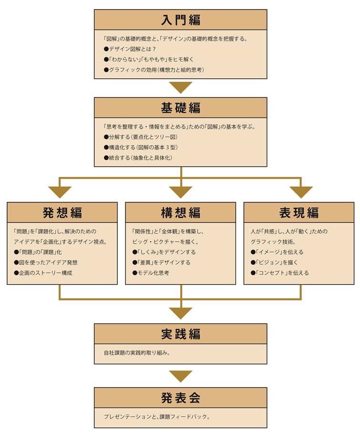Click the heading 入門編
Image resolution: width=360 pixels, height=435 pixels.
click(181, 20)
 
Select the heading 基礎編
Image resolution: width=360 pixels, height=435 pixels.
click(181, 108)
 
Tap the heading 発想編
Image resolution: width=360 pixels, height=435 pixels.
click(62, 213)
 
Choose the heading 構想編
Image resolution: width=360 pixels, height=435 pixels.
click(181, 213)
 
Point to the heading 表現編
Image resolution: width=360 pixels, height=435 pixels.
click(298, 213)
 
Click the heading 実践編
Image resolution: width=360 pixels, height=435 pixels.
click(181, 334)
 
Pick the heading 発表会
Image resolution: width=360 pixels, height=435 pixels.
click(181, 398)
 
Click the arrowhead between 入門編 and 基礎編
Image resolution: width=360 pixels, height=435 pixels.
click(181, 87)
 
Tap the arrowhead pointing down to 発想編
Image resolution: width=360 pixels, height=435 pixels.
click(60, 192)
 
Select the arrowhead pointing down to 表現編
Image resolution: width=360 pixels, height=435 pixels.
click(301, 192)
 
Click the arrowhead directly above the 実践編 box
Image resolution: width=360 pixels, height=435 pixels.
click(181, 313)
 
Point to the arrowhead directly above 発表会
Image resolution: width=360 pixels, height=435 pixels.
click(181, 376)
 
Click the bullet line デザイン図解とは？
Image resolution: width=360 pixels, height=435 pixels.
click(130, 49)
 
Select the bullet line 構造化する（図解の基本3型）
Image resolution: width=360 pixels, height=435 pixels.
click(141, 147)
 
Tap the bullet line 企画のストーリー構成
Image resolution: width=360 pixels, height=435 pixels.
click(43, 273)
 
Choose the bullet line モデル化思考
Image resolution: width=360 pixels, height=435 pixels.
click(151, 273)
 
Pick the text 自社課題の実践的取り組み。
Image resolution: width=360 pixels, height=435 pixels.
click(137, 353)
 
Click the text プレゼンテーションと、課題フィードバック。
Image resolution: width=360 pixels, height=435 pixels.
click(157, 417)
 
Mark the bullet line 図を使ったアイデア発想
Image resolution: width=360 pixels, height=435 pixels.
click(46, 262)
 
